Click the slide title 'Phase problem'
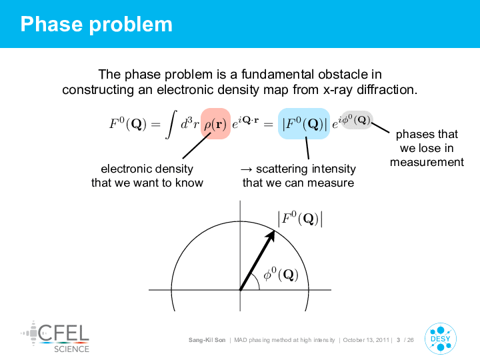[x=97, y=25]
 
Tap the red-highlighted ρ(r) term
[x=215, y=124]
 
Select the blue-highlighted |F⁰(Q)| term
[x=304, y=124]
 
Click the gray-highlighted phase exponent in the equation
[x=357, y=120]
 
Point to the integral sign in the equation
[x=171, y=125]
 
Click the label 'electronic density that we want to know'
[x=147, y=176]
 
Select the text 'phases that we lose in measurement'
[x=427, y=148]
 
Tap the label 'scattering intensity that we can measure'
[x=298, y=176]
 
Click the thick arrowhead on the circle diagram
[x=270, y=236]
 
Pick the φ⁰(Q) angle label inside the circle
[x=281, y=274]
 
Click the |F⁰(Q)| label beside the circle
[x=300, y=219]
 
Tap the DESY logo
[x=441, y=339]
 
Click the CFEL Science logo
[x=55, y=337]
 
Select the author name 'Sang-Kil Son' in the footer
[x=207, y=340]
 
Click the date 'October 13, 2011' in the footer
[x=366, y=340]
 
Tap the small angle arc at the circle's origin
[x=257, y=281]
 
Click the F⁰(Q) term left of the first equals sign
[x=128, y=124]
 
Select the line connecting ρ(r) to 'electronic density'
[x=197, y=145]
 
